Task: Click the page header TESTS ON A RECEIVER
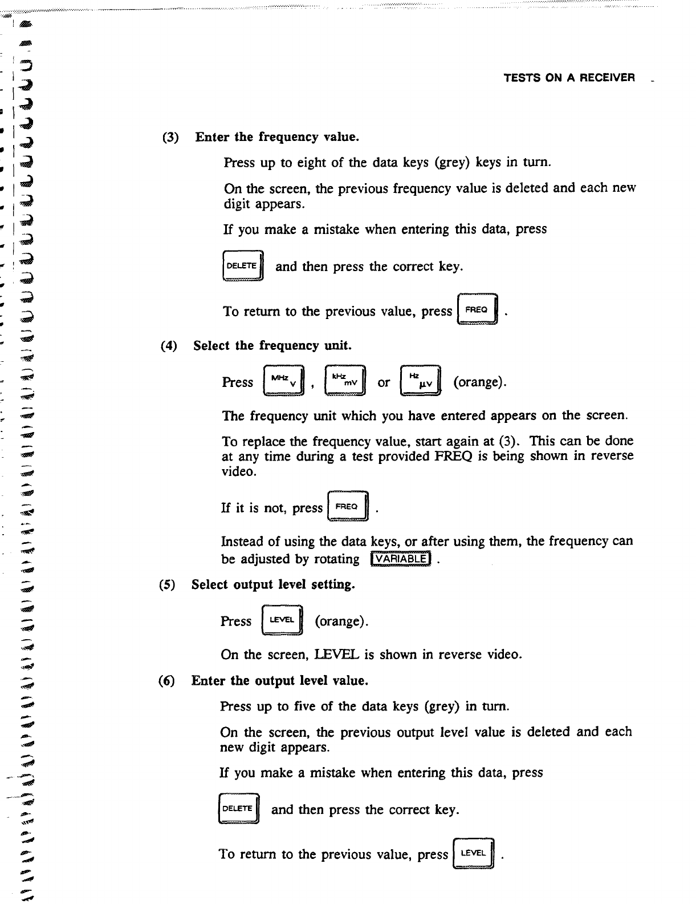click(x=569, y=78)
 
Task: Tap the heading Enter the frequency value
click(x=277, y=137)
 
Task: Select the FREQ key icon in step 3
click(x=478, y=309)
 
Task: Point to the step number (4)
click(x=169, y=346)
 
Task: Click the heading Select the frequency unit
click(x=272, y=346)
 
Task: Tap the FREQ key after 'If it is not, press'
click(x=348, y=507)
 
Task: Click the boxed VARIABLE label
click(x=401, y=559)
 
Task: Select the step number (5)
click(x=168, y=585)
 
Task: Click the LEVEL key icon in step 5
click(x=282, y=620)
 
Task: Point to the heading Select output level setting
click(x=273, y=585)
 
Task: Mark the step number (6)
click(x=168, y=681)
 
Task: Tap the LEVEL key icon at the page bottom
click(x=474, y=853)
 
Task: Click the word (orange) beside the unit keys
click(x=479, y=382)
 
